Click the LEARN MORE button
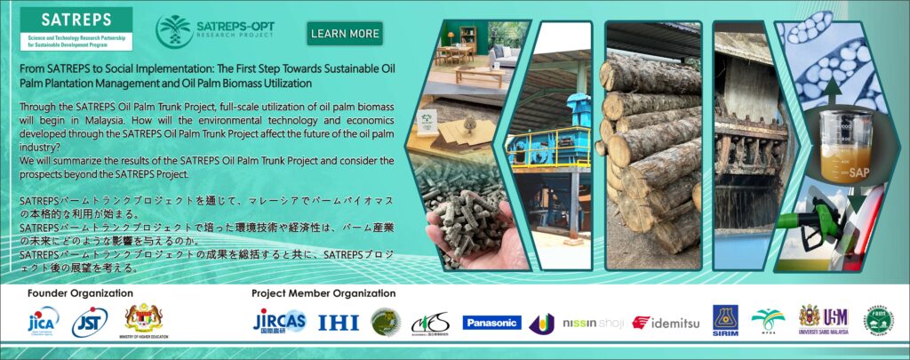[x=345, y=34]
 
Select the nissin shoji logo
[x=592, y=323]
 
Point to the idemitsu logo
[x=666, y=323]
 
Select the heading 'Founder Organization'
[x=80, y=292]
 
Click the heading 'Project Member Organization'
[x=323, y=292]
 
